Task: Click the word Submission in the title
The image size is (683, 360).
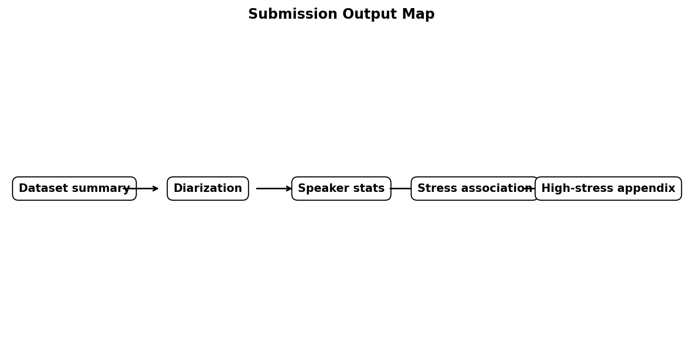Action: coord(293,14)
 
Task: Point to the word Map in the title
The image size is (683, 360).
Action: coord(418,14)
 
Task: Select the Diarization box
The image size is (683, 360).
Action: coord(208,189)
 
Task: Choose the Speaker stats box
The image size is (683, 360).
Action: coord(341,189)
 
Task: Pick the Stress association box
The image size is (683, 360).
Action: coord(475,189)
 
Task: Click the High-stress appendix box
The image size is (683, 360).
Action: coord(608,189)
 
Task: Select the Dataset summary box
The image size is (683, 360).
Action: coord(74,189)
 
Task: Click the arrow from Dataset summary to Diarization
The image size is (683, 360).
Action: coord(141,189)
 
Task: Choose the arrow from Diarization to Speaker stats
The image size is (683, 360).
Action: coord(274,189)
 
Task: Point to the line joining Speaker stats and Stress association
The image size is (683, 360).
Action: coord(401,189)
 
